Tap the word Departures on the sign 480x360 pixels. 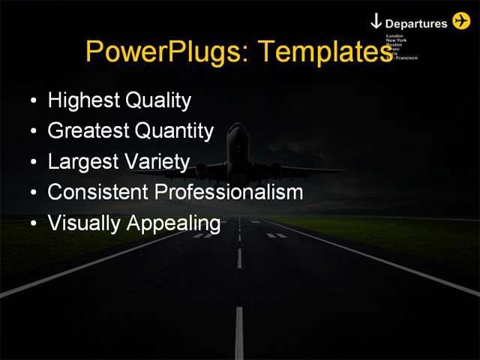pyautogui.click(x=416, y=23)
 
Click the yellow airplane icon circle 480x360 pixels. pyautogui.click(x=462, y=21)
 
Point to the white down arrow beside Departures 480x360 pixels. pyautogui.click(x=376, y=22)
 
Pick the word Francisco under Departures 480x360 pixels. pyautogui.click(x=406, y=58)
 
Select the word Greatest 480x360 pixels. pyautogui.click(x=88, y=131)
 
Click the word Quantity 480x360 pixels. pyautogui.click(x=174, y=131)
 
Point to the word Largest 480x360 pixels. pyautogui.click(x=81, y=162)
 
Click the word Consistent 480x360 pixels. pyautogui.click(x=98, y=192)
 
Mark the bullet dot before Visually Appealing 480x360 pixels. pyautogui.click(x=32, y=224)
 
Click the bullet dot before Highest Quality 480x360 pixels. pyautogui.click(x=32, y=101)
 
